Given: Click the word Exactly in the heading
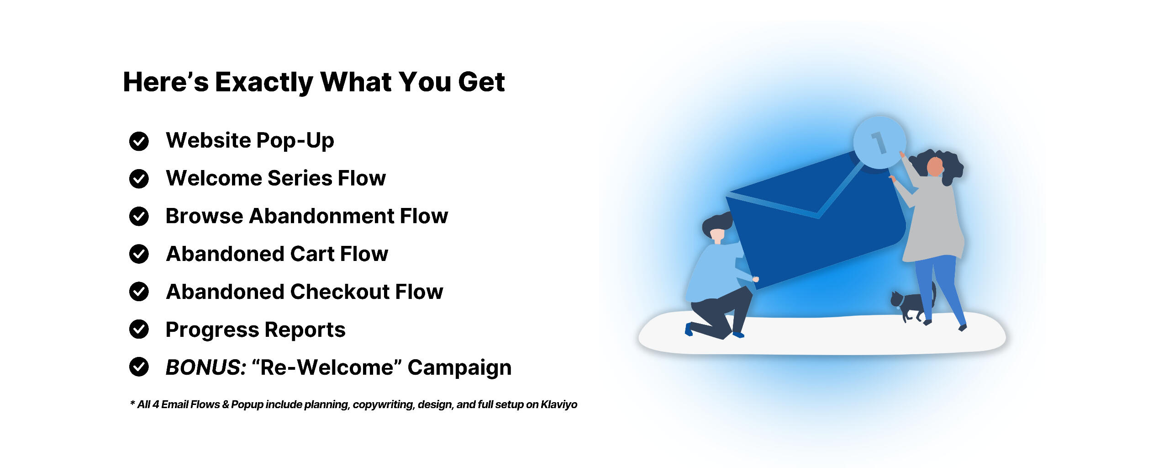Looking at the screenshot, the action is click(264, 83).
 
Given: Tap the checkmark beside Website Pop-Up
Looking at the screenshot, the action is click(139, 141).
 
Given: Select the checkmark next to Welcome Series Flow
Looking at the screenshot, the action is click(139, 179).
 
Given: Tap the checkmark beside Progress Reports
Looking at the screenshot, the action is click(139, 329).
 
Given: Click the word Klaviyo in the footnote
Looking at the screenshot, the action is click(559, 405).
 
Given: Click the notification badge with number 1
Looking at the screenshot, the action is click(879, 142).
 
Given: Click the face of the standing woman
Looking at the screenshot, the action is click(935, 166).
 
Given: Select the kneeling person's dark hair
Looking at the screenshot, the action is click(717, 224).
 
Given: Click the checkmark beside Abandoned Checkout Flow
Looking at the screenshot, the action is click(139, 292).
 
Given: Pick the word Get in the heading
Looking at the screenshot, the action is click(481, 83).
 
